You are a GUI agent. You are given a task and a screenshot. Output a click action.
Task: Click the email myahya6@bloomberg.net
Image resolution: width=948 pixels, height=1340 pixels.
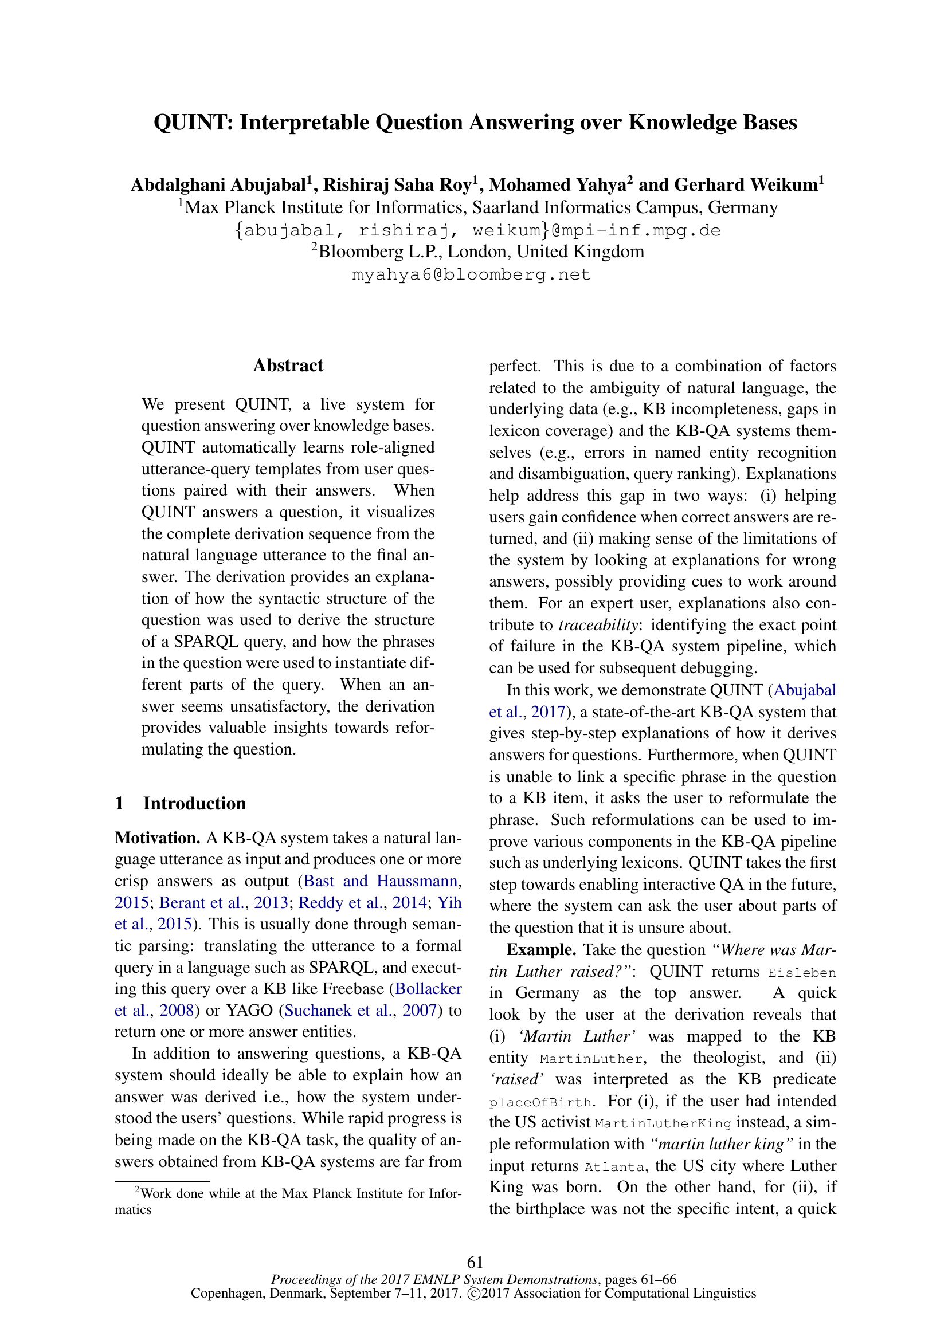tap(471, 274)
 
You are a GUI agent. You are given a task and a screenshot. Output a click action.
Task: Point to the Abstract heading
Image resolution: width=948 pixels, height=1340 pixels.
tap(288, 366)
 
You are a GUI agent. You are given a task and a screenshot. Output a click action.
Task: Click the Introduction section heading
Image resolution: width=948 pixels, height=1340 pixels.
tap(194, 804)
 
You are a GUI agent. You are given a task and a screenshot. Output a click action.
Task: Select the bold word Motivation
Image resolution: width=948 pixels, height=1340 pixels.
tap(158, 838)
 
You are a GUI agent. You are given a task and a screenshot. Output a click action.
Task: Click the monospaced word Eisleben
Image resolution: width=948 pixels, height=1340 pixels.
tap(802, 973)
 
